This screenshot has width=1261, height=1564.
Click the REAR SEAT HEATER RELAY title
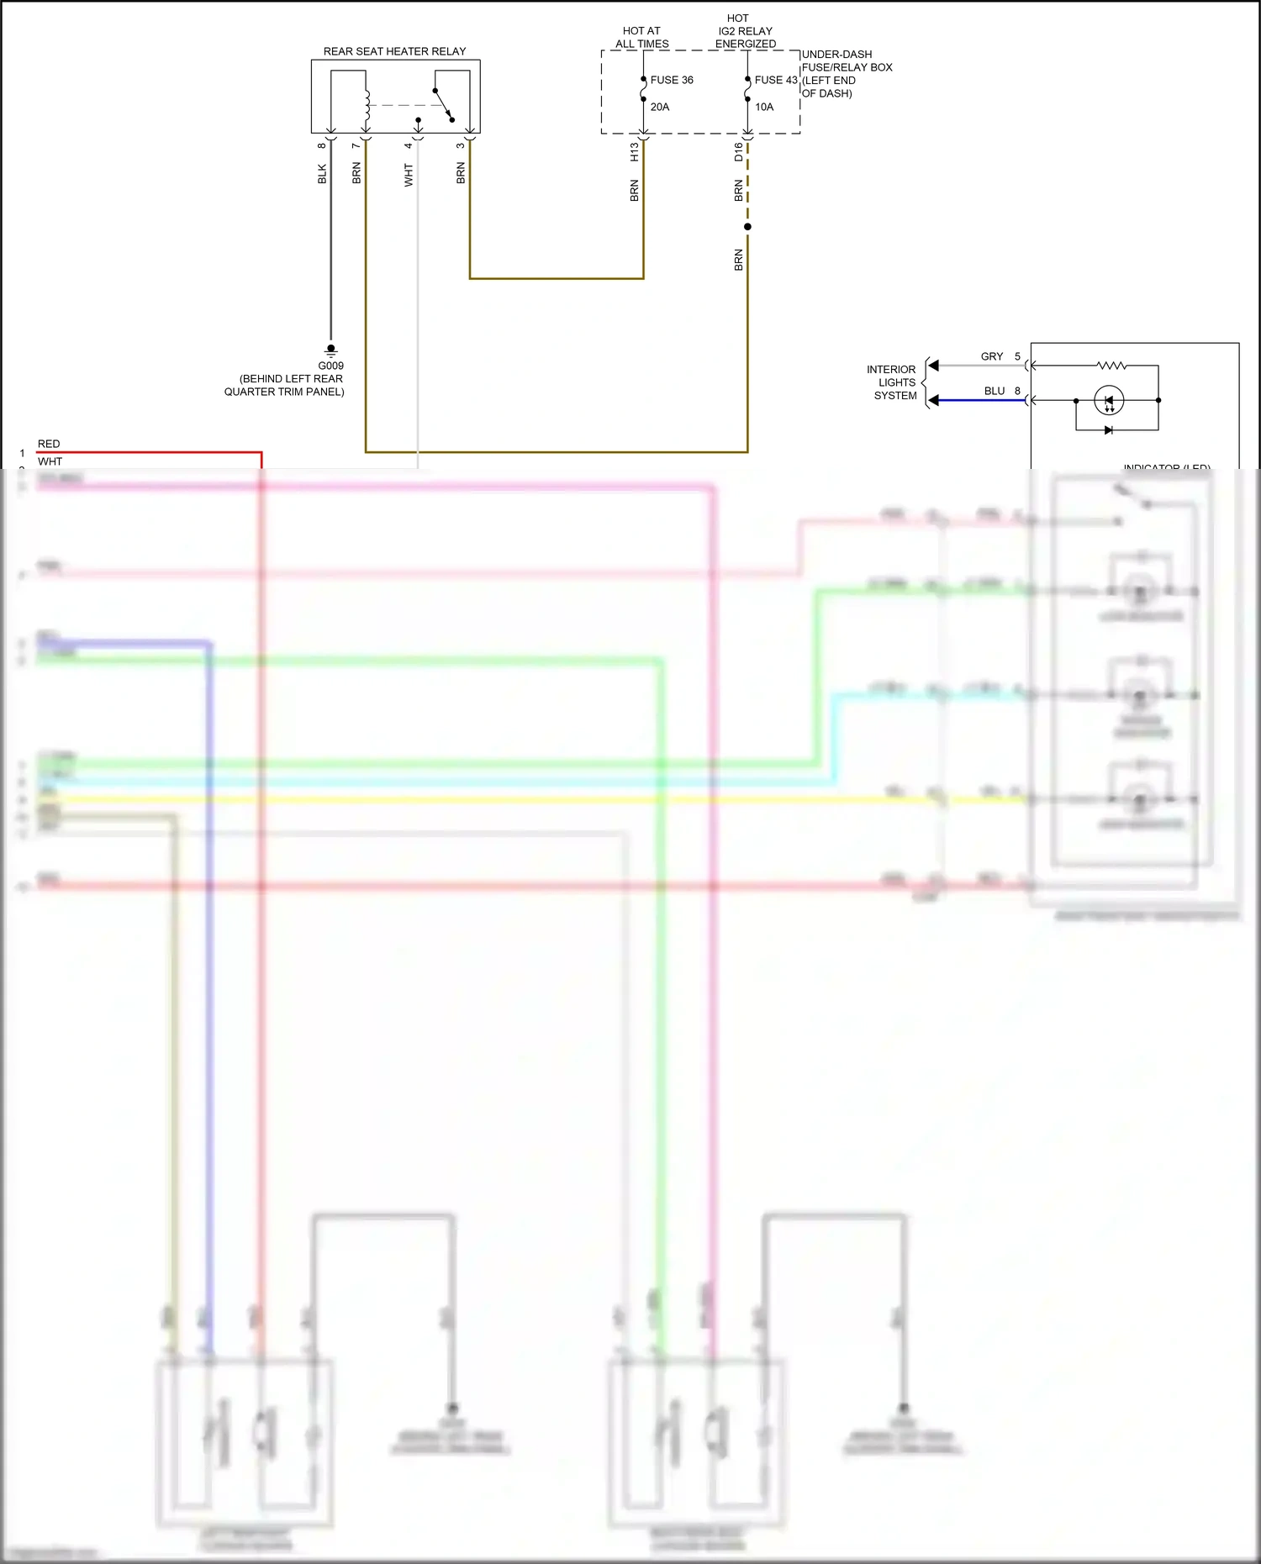coord(394,51)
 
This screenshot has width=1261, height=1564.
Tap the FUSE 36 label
coord(672,80)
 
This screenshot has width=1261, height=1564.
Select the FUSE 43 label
coord(775,80)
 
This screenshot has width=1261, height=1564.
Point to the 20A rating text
coord(660,107)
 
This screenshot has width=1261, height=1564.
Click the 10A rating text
coord(764,107)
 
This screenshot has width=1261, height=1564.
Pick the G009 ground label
coord(330,366)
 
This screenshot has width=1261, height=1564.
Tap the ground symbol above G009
coord(330,350)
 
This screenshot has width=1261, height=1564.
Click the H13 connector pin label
coord(635,152)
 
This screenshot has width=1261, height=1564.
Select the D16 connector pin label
coord(739,152)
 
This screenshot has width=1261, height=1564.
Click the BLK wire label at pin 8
coord(322,174)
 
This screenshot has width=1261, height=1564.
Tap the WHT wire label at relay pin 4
coord(409,175)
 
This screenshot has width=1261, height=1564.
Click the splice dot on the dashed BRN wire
coord(747,227)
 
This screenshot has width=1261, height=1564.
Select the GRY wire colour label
coord(992,356)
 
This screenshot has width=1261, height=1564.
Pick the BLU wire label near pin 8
coord(995,391)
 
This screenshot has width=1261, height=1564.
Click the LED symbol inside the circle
coord(1109,401)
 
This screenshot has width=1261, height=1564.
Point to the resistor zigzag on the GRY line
coord(1111,366)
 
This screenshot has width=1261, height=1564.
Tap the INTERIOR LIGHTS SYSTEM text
coord(894,382)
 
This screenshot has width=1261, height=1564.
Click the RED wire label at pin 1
coord(49,444)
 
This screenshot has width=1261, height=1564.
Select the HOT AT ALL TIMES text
coord(641,37)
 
